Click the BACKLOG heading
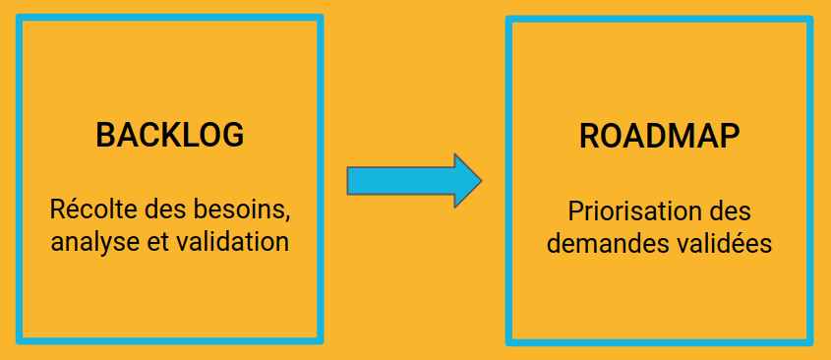point(170,135)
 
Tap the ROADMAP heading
point(659,137)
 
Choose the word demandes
point(601,243)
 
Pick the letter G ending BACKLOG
point(231,135)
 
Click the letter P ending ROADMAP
point(728,137)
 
